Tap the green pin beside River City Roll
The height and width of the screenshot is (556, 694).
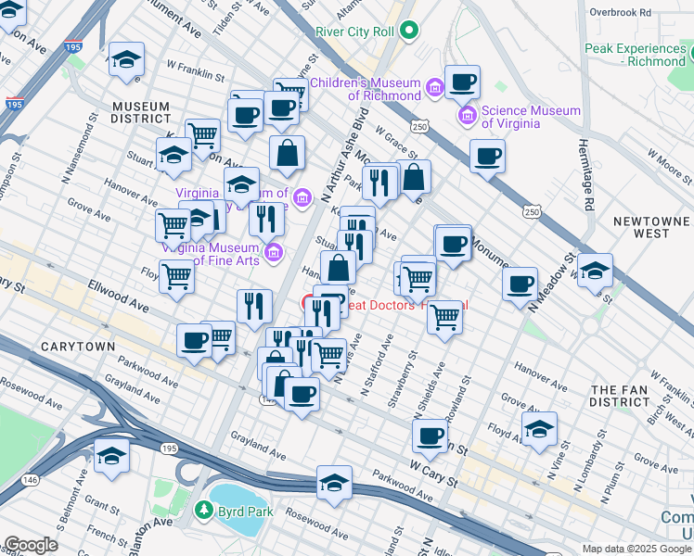point(408,32)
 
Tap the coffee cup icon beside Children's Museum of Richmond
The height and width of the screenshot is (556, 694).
point(462,82)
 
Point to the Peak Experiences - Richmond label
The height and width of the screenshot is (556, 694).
point(636,55)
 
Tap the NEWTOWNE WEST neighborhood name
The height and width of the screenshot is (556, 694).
point(652,227)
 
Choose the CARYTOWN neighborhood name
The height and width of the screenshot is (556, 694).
point(77,346)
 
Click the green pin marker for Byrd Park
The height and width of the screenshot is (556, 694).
point(203,509)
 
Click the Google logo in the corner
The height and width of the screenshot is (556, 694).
point(31,545)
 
